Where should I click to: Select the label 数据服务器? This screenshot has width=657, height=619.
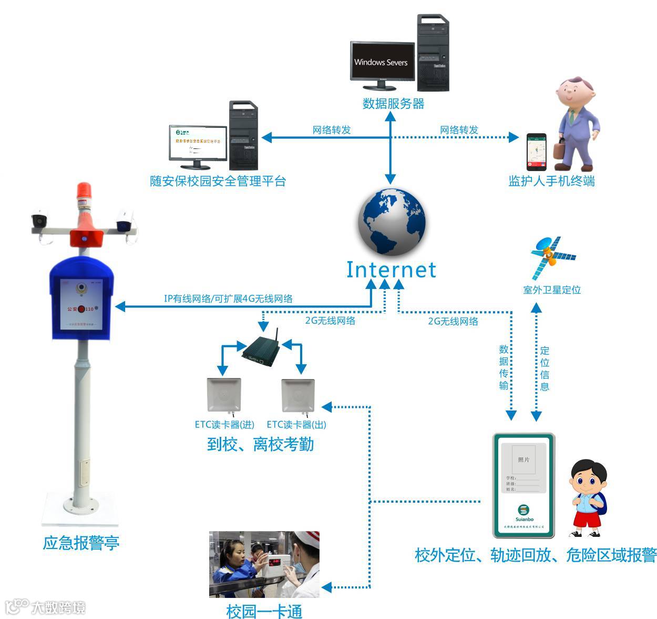[393, 104]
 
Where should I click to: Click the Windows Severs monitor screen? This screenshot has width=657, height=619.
[382, 62]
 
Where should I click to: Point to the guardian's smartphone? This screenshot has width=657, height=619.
[537, 152]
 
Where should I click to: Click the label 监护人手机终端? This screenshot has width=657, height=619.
[551, 181]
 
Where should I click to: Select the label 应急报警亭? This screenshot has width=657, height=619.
[81, 543]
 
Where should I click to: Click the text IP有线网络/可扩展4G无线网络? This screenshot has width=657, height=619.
[228, 298]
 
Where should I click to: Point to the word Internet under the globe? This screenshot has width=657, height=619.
[391, 269]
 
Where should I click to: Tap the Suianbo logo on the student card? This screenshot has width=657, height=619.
[523, 511]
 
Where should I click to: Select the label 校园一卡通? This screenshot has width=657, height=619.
[264, 611]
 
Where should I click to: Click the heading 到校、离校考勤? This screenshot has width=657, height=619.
[260, 444]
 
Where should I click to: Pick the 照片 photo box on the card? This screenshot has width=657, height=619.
[523, 460]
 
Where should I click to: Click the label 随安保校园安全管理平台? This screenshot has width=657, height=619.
[218, 181]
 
